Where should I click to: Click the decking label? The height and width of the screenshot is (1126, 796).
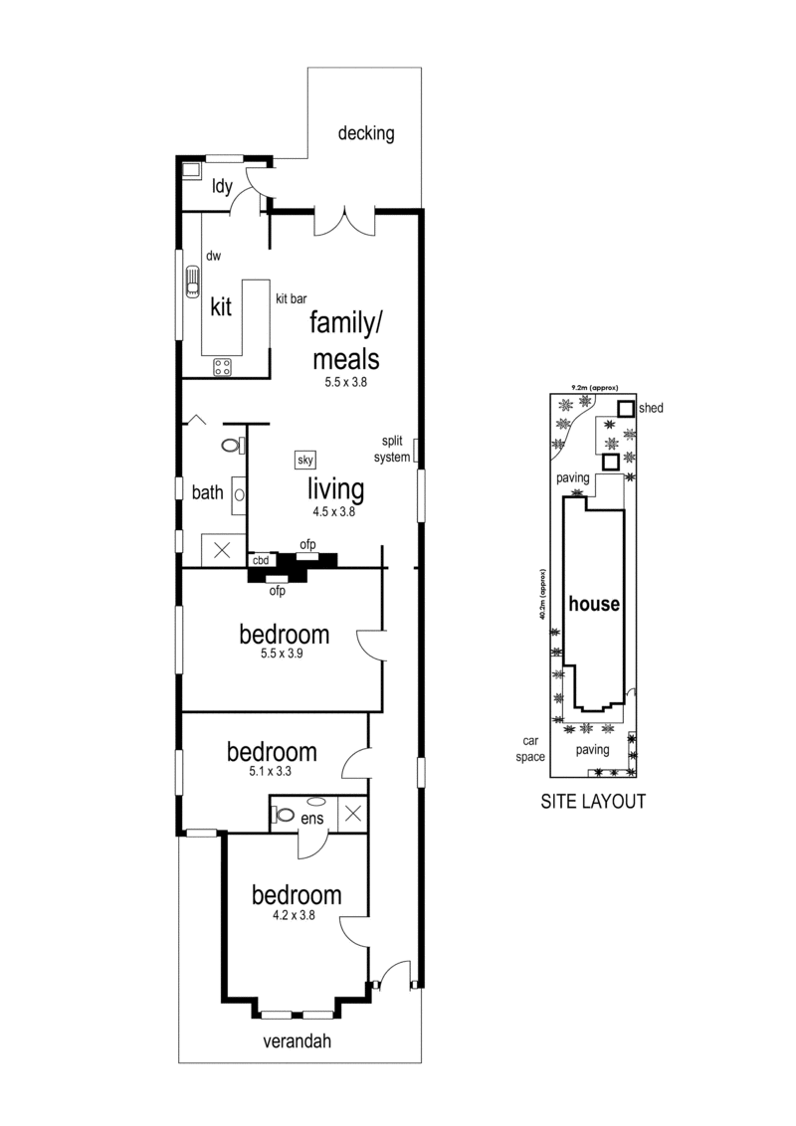366,133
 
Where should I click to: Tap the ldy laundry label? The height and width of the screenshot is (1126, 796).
222,185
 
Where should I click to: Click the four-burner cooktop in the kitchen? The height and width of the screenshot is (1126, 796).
222,368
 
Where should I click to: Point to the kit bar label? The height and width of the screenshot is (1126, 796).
292,297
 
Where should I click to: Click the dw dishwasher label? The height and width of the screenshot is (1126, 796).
213,256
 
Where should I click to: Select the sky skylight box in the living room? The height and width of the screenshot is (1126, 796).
305,461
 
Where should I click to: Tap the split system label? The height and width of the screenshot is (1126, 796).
390,449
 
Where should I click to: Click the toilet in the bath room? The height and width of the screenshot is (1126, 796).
233,445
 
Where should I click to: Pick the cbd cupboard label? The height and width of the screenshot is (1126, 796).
261,561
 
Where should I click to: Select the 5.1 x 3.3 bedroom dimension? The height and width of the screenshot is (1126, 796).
272,772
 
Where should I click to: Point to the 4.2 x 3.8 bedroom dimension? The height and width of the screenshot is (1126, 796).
296,916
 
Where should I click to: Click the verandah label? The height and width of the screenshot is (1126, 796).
297,1042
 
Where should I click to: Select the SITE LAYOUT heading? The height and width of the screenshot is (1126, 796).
593,801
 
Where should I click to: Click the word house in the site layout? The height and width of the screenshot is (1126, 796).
594,604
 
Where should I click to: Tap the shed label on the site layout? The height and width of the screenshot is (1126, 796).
651,408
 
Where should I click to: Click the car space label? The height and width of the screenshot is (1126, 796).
530,748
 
